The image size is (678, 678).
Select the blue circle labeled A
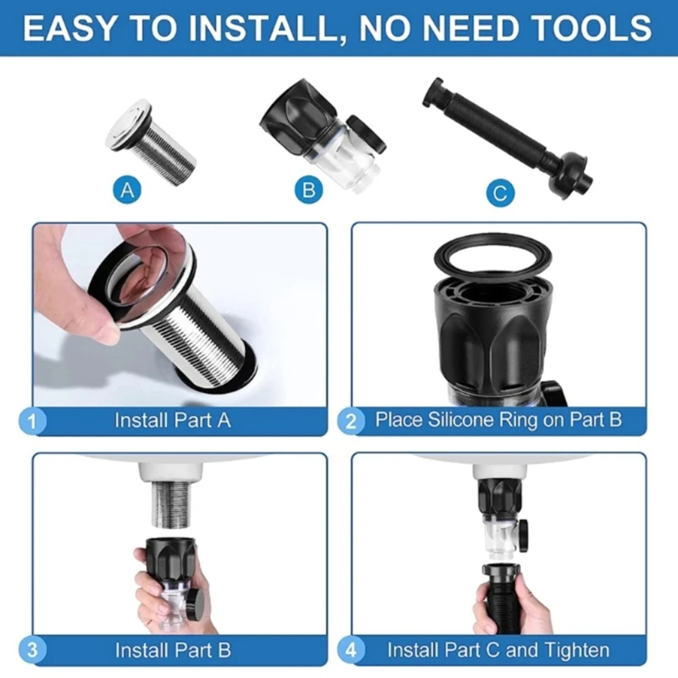coord(128,192)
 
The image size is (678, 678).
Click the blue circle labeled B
coord(310,192)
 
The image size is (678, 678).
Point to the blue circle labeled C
coord(501,193)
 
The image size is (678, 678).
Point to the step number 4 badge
coord(351,651)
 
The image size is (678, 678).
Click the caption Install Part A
coord(172,420)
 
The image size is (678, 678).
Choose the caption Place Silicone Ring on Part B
coord(498,420)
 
